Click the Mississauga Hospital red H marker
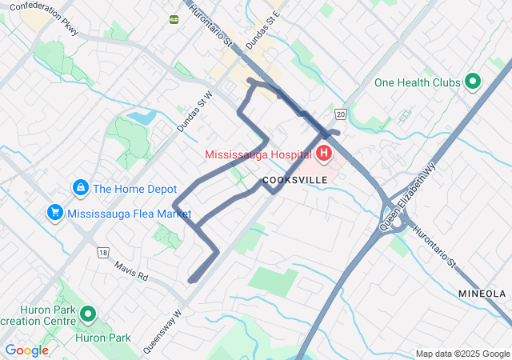point(325,152)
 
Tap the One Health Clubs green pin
point(472,81)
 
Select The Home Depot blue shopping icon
point(80,188)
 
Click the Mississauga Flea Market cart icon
point(55,213)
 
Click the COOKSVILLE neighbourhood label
point(295,180)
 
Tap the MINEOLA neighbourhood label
point(482,294)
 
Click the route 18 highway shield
point(102,252)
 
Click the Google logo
point(26,350)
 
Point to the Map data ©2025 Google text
point(462,354)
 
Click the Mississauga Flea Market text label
point(130,214)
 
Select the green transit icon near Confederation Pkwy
point(174,19)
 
